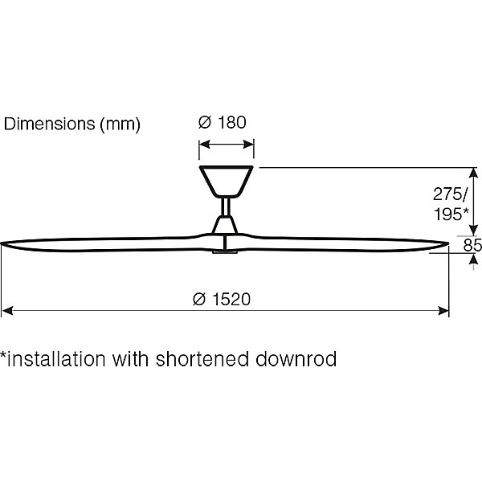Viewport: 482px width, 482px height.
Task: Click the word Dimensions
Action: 49,124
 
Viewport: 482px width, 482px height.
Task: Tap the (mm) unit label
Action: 120,125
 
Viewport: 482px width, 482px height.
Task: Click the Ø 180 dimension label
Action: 223,122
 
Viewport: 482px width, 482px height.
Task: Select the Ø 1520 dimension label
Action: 222,299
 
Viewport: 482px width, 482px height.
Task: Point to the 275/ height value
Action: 451,194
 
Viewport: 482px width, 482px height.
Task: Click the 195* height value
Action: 451,214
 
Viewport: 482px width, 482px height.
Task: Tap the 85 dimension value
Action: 472,245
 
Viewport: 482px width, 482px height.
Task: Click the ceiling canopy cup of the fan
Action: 227,182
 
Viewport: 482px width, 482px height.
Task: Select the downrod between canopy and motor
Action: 226,206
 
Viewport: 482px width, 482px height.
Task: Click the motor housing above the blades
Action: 225,225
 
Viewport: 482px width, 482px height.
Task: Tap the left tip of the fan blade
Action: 2,243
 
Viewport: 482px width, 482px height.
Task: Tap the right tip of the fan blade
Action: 448,243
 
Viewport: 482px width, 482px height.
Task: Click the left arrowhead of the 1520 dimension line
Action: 7,310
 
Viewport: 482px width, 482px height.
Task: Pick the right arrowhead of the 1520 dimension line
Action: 443,310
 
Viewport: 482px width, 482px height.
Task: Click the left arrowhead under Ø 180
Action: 205,144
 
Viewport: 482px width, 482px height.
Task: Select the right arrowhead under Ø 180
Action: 248,144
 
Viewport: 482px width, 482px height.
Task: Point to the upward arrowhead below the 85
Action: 473,260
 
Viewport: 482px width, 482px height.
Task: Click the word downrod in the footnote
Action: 296,359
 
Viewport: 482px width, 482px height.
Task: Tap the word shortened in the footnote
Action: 202,359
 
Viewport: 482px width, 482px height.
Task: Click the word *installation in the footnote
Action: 53,359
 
